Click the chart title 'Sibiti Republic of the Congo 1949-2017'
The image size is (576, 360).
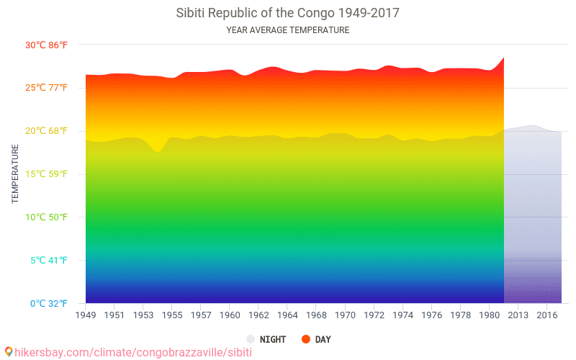[287, 13]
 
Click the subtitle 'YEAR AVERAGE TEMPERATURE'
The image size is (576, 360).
[287, 30]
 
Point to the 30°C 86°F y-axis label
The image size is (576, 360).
[48, 45]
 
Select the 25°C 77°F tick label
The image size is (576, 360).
[48, 88]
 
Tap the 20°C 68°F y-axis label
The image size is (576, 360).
[48, 131]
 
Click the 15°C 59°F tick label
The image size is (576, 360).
[48, 174]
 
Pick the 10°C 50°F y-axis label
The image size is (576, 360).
[48, 217]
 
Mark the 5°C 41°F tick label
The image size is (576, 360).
[49, 261]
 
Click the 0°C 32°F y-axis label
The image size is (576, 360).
[49, 304]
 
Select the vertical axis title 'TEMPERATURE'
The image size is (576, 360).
[15, 174]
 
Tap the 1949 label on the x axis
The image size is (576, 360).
[86, 315]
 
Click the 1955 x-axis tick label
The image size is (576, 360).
[172, 315]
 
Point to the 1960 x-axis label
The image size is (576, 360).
[230, 315]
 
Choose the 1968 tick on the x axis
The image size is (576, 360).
[316, 315]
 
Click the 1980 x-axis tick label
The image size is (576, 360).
[490, 315]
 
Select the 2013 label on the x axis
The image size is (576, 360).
[518, 315]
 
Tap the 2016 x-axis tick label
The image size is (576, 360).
[547, 315]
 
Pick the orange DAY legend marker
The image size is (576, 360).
[306, 339]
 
